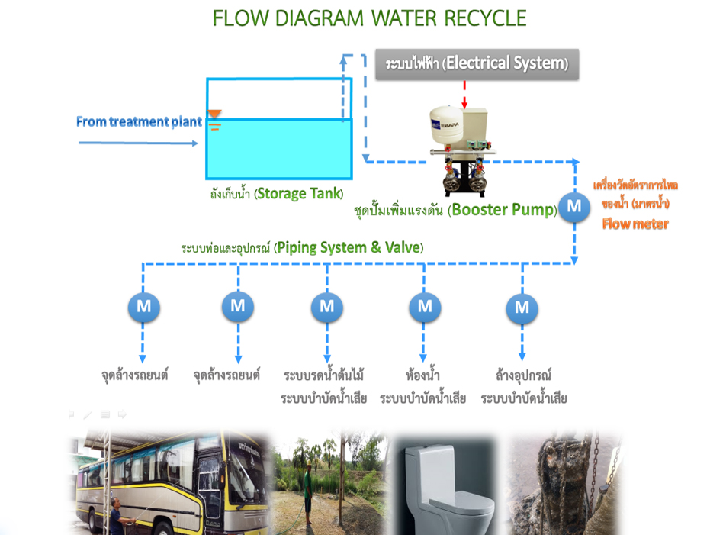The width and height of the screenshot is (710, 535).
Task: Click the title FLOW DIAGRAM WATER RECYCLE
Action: [x=369, y=18]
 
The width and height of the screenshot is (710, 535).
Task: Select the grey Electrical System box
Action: [x=477, y=64]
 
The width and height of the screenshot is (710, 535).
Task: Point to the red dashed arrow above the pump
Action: [x=464, y=95]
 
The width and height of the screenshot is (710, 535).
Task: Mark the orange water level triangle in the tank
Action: [x=215, y=114]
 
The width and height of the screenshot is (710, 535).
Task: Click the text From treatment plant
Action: [x=139, y=122]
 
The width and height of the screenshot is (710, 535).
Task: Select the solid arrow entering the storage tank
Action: [x=137, y=143]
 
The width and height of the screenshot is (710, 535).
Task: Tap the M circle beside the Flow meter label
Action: [x=573, y=206]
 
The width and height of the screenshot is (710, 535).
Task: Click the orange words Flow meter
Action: [x=635, y=224]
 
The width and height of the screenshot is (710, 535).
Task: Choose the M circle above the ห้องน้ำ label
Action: [x=425, y=307]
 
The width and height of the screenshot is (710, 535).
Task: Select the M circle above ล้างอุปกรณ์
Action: [x=522, y=308]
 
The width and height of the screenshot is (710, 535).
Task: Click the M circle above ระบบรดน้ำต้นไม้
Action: [x=326, y=307]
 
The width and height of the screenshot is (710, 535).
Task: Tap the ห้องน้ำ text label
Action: [x=423, y=375]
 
